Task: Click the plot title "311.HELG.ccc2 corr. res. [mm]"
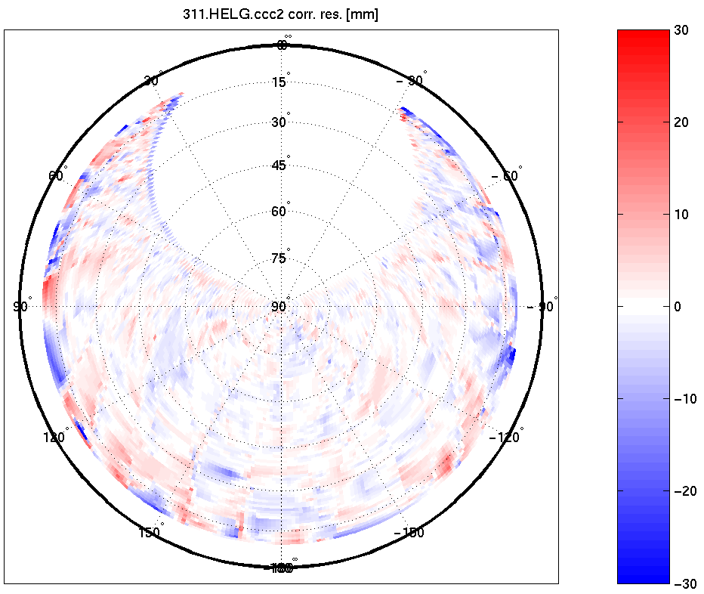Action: pos(281,15)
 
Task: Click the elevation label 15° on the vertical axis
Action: pos(279,82)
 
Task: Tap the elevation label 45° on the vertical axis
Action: pos(279,166)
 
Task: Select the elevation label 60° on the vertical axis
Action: pos(279,212)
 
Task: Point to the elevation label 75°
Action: pos(279,258)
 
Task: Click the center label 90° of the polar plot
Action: pos(279,306)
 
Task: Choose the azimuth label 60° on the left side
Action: pos(57,175)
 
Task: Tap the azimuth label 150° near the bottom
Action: pos(150,532)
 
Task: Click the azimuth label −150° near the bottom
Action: pos(409,532)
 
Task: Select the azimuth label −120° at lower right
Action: pos(505,437)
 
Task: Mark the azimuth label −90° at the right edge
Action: pos(543,306)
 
